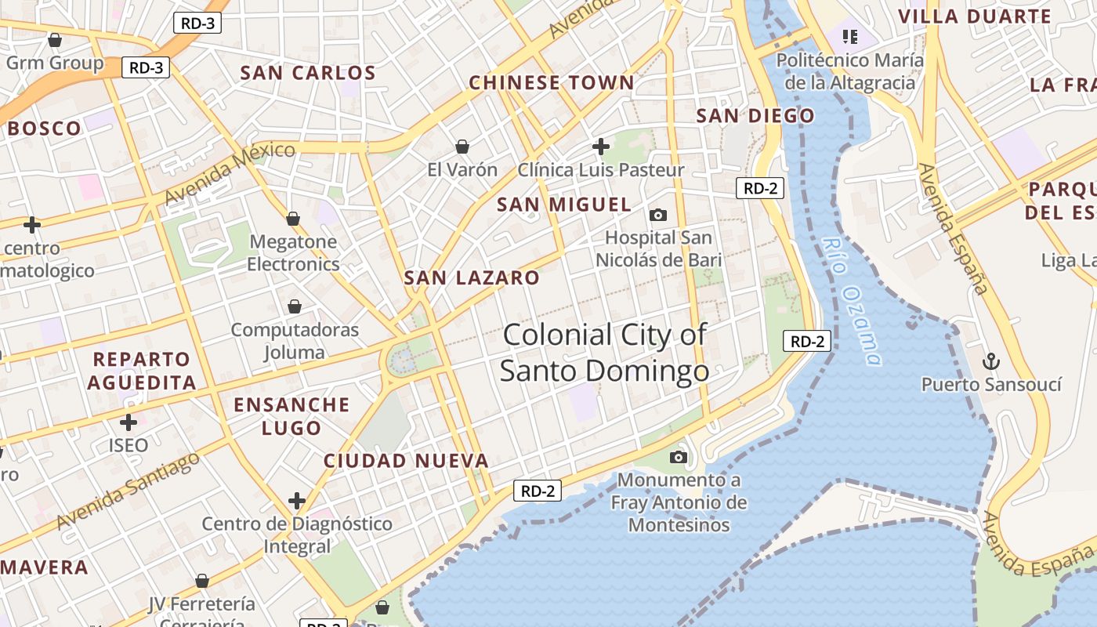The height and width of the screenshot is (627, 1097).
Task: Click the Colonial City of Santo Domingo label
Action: pos(604,353)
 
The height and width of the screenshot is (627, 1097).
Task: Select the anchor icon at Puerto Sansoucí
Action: pos(991,361)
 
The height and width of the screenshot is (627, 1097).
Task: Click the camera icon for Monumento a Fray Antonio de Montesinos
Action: pos(679,457)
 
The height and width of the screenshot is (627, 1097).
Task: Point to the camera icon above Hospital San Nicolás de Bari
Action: pos(658,215)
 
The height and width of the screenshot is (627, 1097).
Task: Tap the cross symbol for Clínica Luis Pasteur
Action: pos(601,147)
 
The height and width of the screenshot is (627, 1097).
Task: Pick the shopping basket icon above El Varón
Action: pos(462,147)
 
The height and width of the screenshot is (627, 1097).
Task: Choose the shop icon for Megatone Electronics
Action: pos(293,219)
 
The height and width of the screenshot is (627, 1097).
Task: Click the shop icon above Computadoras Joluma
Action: pos(295,306)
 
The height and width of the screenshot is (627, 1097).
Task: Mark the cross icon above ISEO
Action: pos(129,422)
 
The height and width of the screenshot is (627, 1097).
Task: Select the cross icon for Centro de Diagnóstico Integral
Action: pos(297,501)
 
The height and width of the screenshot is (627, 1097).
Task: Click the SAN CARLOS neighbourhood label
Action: pos(308,74)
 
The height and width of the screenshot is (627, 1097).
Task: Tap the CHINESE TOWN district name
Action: pos(551,83)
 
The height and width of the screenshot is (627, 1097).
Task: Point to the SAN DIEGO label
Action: pos(755,117)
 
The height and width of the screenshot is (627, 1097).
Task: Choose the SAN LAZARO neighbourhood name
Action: pos(472,277)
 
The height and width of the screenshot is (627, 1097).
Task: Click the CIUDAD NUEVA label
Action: pos(406,461)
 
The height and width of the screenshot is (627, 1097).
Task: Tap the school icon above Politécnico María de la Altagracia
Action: pos(850,36)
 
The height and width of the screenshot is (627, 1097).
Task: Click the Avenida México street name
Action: pos(230,173)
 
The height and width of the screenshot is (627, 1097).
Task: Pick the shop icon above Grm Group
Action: pos(55,40)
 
